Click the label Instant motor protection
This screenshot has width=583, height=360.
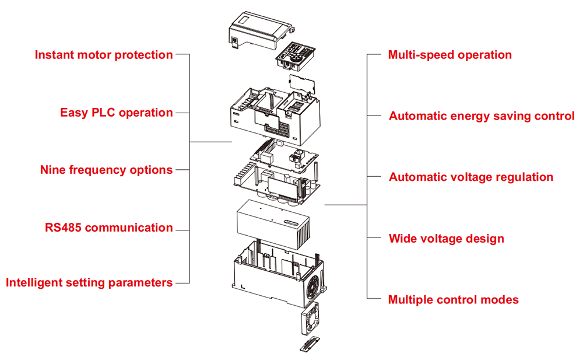104,55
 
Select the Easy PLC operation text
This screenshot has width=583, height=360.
117,113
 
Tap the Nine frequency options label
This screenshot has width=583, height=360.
106,170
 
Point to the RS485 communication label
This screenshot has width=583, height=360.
108,228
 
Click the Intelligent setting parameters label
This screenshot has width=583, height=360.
89,283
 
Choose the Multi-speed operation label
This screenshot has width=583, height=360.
449,55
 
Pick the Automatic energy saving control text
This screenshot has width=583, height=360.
482,116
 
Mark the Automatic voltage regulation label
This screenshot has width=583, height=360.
471,177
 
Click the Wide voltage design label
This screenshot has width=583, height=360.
446,239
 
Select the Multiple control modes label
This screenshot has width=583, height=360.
453,300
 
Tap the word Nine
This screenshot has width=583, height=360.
53,170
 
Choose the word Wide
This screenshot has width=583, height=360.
403,239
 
